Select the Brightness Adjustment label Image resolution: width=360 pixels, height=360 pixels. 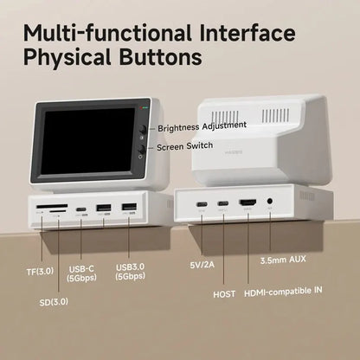coord(202,126)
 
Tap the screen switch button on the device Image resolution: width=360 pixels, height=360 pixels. coord(141,148)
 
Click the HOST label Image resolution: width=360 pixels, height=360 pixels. coord(223,293)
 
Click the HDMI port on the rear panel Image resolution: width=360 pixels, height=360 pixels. coord(247,205)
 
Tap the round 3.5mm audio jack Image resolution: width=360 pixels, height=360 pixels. coord(271,204)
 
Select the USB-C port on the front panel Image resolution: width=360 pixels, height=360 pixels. coord(81,209)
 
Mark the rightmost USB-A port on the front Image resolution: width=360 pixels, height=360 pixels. coord(127,208)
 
